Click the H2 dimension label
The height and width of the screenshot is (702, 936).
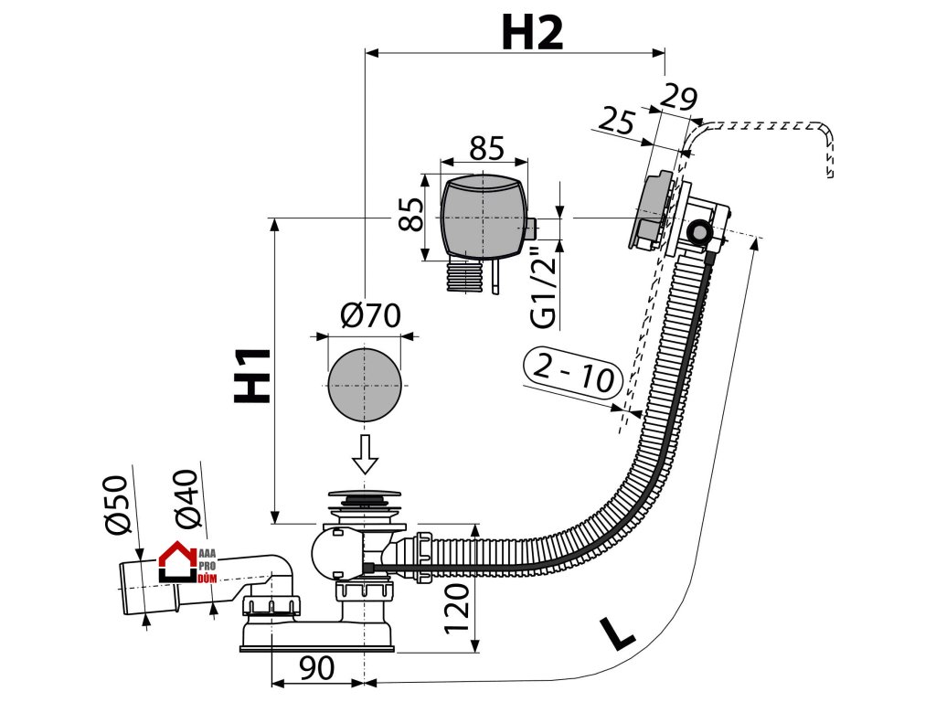point(532,33)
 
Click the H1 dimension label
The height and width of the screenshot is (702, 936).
point(252,375)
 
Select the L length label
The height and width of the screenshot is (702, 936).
point(617,634)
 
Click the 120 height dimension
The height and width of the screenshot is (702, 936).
point(457,608)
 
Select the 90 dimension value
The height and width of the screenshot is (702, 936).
point(316,668)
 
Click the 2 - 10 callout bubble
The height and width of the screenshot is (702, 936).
point(573,372)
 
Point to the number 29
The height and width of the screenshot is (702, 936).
point(679,97)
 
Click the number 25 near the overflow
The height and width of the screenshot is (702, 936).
point(616,121)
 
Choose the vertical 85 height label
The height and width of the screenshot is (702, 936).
point(410,213)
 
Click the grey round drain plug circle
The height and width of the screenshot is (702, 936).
point(364,385)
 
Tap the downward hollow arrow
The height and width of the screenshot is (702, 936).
point(364,454)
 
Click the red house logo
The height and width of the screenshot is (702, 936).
point(177,561)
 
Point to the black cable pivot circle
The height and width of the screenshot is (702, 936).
point(697,232)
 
